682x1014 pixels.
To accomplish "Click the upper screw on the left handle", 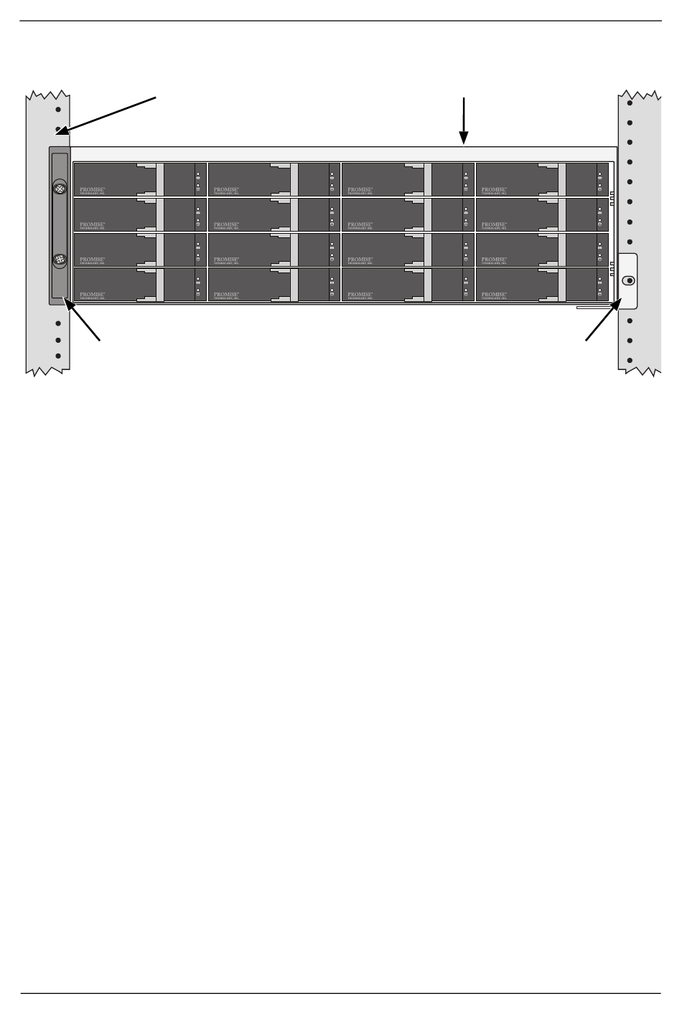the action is (60, 191).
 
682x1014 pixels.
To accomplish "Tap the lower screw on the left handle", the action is (60, 260).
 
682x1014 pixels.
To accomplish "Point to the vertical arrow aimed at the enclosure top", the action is (464, 120).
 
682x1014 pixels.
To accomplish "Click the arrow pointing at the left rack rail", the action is (107, 114).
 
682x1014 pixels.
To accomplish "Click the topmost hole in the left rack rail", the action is (58, 109).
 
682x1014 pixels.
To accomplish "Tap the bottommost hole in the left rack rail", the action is (58, 356).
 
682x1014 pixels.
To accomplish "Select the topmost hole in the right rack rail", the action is (629, 103).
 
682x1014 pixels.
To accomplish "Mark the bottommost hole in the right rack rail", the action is (629, 360).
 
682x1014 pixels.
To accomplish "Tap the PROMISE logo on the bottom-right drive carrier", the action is (495, 295).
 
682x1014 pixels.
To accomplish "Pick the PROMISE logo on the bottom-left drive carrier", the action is (93, 295).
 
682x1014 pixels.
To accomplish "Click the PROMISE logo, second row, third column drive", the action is (360, 225).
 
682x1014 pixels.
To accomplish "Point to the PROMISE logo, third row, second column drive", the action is (227, 260).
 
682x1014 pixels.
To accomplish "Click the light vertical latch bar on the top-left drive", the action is (160, 179).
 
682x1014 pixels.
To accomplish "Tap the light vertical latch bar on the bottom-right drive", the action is (562, 284).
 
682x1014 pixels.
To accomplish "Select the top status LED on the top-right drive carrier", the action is (599, 174).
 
